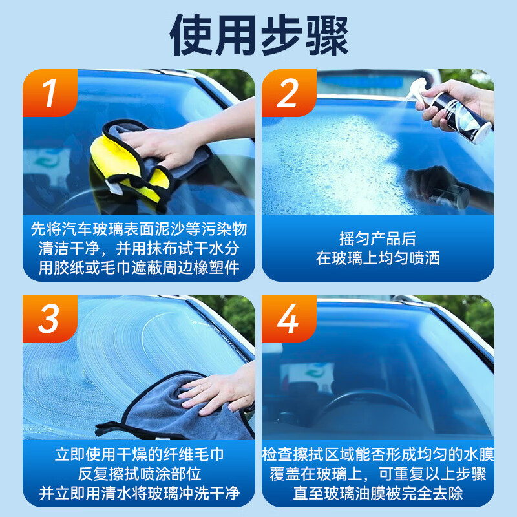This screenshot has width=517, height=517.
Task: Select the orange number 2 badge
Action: point(288,94)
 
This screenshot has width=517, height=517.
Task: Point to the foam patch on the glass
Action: point(323,162)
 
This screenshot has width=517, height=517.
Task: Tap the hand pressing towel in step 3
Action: point(220,391)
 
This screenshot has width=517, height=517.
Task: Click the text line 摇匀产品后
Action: point(377,238)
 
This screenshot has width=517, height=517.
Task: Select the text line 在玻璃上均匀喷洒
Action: point(377,258)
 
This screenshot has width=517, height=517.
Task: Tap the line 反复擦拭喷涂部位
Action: point(139,474)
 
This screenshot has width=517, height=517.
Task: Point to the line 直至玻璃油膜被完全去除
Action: point(377,494)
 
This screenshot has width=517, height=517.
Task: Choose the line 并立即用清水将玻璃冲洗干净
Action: point(139,494)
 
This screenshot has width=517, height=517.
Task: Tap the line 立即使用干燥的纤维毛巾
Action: point(139,455)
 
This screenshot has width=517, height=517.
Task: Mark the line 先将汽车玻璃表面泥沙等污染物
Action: point(139,228)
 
